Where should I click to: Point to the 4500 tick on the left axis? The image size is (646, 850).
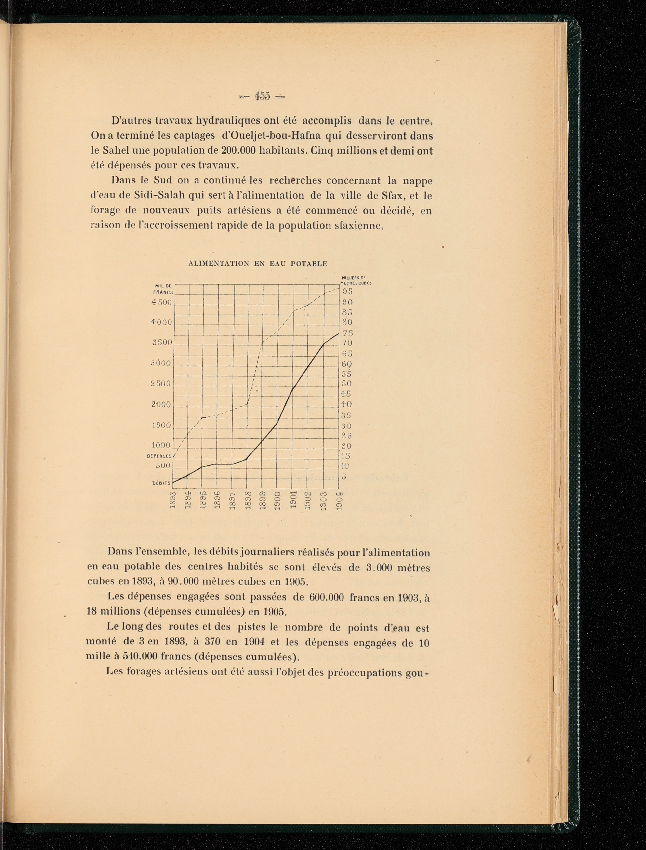pyautogui.click(x=161, y=302)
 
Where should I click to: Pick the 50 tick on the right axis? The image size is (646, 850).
pyautogui.click(x=347, y=384)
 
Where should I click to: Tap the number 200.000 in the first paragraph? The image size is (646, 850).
pyautogui.click(x=239, y=151)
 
